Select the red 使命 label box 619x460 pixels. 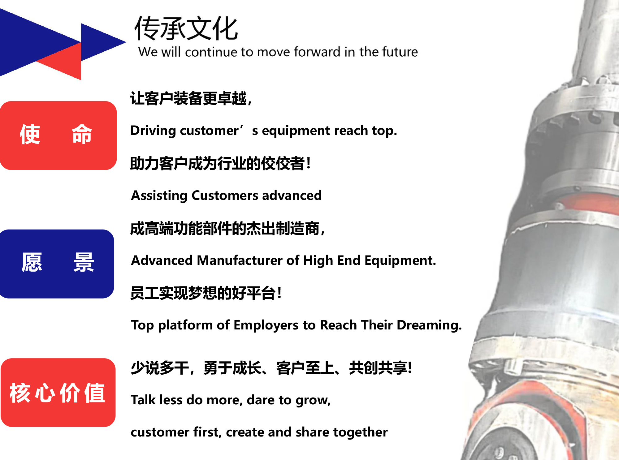tap(58, 135)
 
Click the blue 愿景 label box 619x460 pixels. tap(57, 264)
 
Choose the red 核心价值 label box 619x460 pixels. tap(58, 393)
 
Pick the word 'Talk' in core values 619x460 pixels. tap(143, 400)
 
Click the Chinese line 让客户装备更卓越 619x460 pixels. tap(191, 98)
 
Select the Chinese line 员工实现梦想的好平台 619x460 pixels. tap(206, 293)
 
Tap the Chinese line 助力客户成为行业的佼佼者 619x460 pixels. tap(220, 163)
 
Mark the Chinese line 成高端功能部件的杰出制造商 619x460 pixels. tap(227, 228)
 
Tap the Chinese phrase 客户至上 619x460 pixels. tap(305, 368)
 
